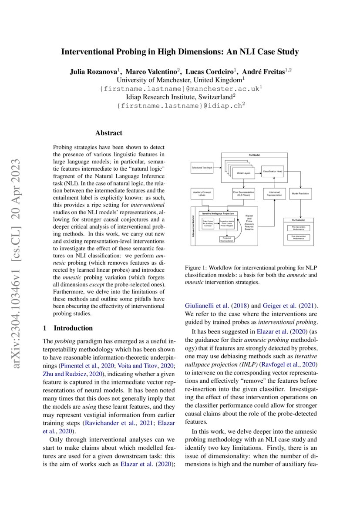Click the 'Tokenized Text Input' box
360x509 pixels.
202,168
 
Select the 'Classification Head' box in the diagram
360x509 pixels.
273,172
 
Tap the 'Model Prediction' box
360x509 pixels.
300,193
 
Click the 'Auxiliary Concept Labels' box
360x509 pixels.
202,193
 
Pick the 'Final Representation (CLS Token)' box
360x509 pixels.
243,193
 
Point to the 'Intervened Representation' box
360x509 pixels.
275,193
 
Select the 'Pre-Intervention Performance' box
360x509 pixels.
299,227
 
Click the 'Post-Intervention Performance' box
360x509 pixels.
299,237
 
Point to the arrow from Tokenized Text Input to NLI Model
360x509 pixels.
217,168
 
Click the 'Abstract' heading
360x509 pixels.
109,133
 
